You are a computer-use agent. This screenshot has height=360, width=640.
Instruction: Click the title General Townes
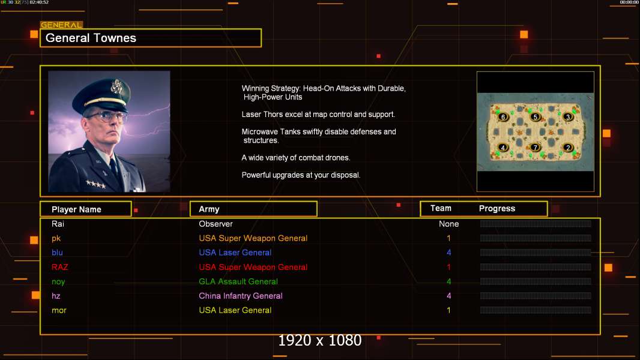[91, 38]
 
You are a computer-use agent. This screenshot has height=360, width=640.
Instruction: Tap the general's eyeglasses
[106, 116]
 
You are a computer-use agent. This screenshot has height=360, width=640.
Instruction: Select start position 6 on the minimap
[503, 117]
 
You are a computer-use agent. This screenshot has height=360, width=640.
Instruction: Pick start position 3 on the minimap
[568, 117]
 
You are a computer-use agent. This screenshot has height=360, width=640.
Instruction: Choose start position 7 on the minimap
[536, 147]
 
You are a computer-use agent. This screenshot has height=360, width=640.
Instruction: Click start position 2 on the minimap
[568, 148]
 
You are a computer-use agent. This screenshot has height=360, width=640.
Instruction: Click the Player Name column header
[76, 209]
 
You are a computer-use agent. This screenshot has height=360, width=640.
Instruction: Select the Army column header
[209, 209]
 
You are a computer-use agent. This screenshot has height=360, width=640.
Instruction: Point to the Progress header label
[497, 209]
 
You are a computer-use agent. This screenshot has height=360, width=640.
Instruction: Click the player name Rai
[58, 224]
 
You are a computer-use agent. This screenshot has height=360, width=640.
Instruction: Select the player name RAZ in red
[60, 267]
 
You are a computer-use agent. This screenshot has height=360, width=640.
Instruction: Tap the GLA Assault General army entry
[238, 281]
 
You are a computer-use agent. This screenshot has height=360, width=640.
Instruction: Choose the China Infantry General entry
[241, 296]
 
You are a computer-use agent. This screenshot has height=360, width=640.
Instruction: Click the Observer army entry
[216, 224]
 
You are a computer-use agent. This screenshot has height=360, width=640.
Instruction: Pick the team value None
[448, 224]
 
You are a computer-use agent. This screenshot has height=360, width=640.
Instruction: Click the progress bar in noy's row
[536, 281]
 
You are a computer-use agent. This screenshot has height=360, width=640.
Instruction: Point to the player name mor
[59, 310]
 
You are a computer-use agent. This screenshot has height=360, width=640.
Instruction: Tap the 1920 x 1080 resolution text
[320, 341]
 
